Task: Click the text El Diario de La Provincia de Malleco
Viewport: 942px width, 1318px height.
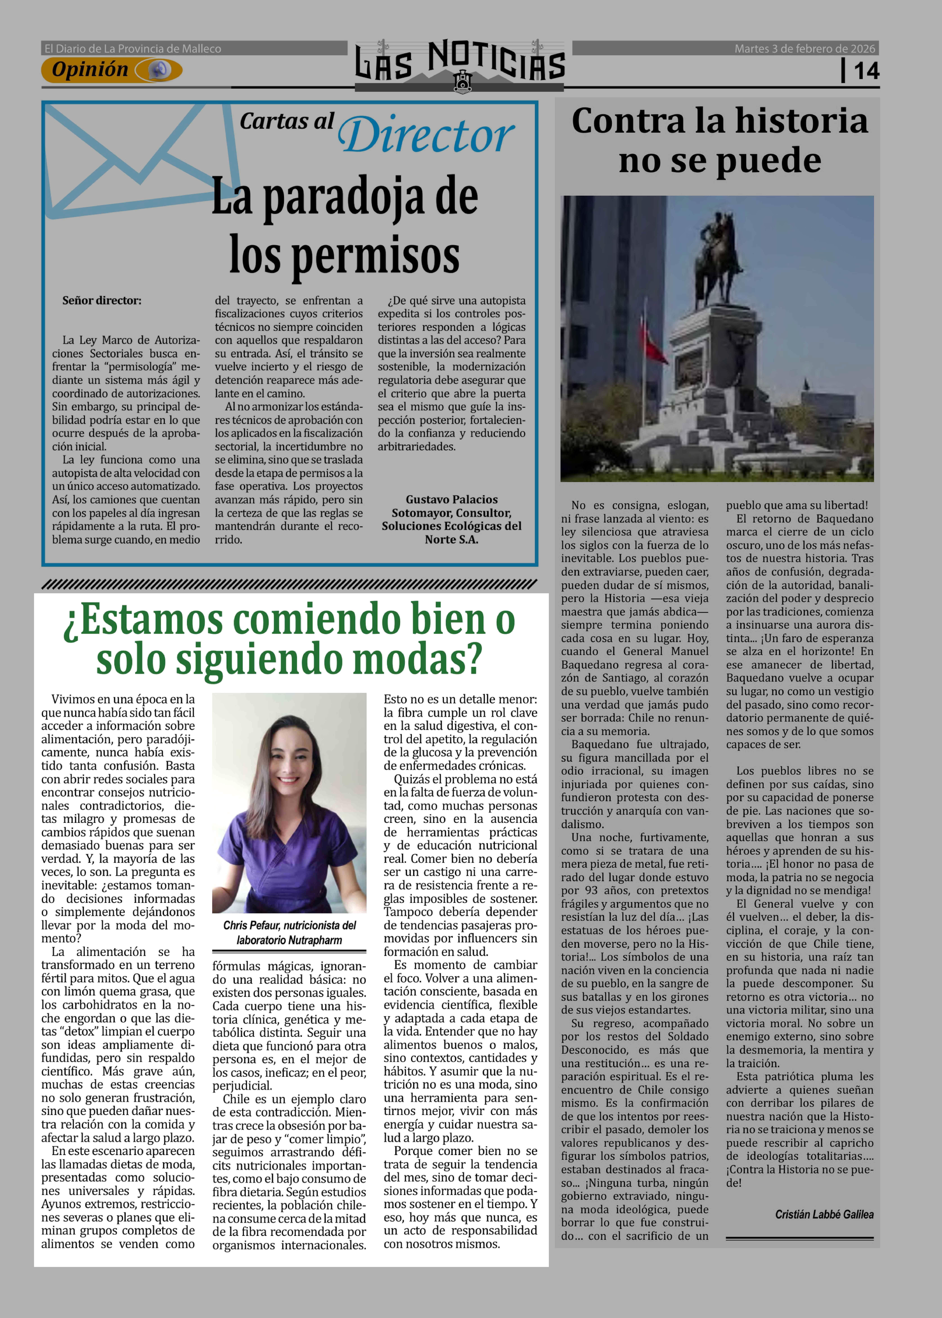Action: [x=133, y=49]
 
